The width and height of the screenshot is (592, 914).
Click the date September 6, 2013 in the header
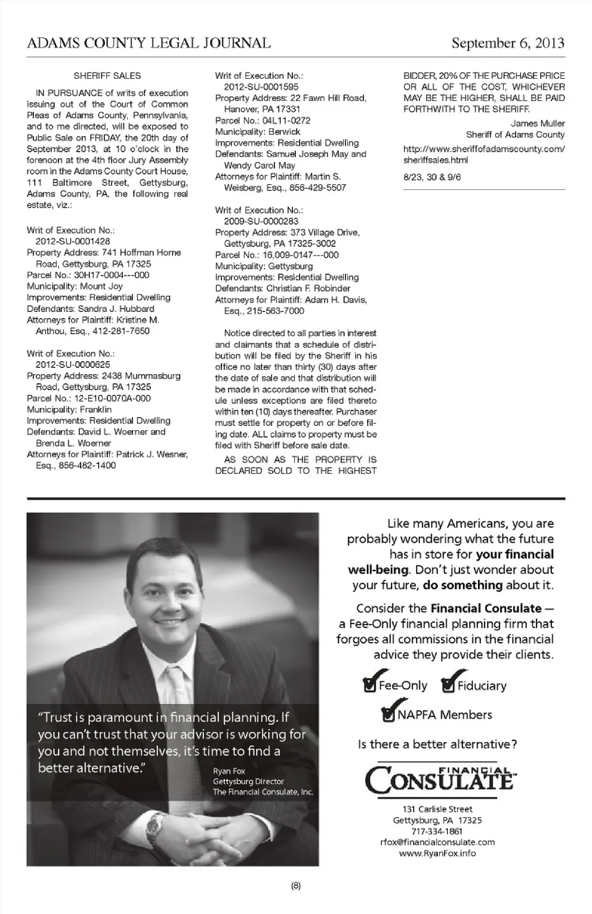[x=508, y=43]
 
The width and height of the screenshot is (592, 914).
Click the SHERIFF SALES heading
[x=107, y=76]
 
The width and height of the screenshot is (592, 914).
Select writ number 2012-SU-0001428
[x=73, y=242]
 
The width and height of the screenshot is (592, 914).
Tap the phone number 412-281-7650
[x=121, y=331]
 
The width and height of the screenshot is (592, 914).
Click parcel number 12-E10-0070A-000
[x=112, y=398]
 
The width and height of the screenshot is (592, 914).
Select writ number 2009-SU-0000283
[x=261, y=221]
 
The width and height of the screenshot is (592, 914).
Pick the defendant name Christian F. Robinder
[x=308, y=288]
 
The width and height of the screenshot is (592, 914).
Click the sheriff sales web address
[x=483, y=154]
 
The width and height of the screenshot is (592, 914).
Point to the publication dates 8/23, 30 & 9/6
[x=432, y=177]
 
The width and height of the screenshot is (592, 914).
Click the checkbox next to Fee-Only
[x=369, y=685]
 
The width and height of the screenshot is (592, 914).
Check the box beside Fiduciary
[x=448, y=685]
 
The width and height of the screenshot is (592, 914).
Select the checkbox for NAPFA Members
[x=389, y=714]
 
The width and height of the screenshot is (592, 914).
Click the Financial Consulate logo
[x=439, y=779]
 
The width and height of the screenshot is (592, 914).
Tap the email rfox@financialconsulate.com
[x=437, y=842]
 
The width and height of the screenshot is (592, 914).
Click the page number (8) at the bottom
[x=295, y=886]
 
